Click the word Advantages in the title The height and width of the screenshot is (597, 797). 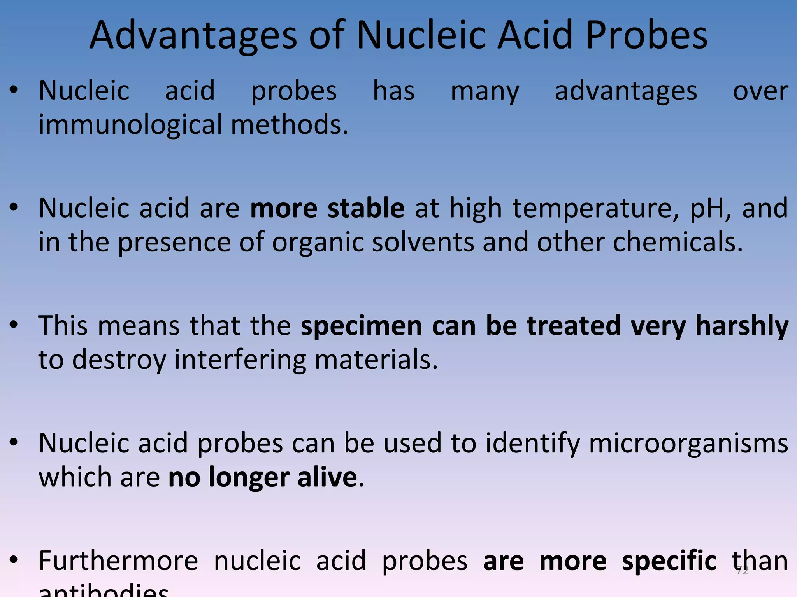tap(193, 36)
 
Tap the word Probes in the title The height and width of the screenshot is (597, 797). tap(646, 36)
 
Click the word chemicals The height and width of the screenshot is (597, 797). tap(678, 242)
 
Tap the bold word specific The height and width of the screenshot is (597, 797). tap(669, 562)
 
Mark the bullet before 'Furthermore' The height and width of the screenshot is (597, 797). tap(14, 560)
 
